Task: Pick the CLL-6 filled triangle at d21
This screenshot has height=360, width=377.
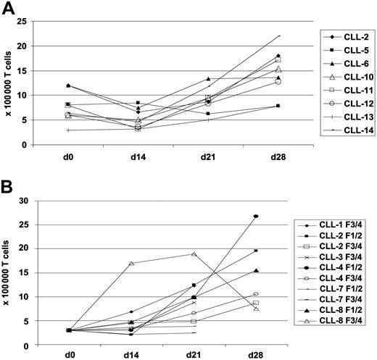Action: [208, 79]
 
